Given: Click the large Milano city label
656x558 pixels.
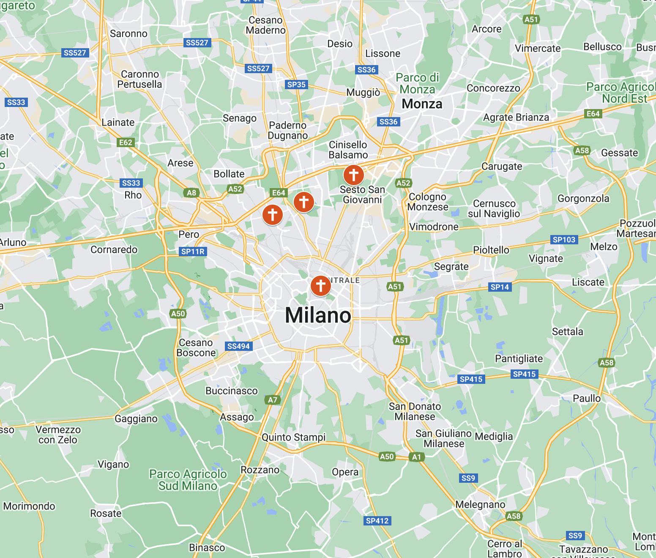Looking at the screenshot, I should coord(318,315).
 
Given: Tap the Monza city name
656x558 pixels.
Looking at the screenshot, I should coord(422,104).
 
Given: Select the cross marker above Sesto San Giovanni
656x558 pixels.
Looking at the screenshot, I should coord(353,174).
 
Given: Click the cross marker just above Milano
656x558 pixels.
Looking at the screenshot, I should coord(320,286).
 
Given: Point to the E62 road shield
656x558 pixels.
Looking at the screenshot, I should coord(126,142).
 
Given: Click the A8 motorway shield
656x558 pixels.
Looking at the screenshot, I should coord(191,193).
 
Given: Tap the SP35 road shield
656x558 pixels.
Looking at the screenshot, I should coord(296,85).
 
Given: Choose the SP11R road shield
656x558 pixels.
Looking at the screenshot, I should coord(193,252).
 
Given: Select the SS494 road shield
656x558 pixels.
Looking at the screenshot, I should coord(238,346).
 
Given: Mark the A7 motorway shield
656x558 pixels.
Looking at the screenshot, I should coord(273,399).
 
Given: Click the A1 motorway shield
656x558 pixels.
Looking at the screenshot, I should coord(417,457).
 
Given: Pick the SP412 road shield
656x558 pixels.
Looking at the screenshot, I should coord(377,521).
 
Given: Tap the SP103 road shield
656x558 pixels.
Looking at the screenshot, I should coord(564,240).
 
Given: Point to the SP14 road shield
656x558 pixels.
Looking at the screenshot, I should coord(500,287).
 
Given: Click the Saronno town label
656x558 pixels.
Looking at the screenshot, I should coord(128,33).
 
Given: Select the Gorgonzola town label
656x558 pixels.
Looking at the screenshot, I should coord(583,198).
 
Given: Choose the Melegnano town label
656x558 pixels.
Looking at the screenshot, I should coord(480,504).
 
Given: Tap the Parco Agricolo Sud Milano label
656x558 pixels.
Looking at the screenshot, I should coord(188,480).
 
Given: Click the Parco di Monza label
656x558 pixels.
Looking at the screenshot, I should coord(418,83).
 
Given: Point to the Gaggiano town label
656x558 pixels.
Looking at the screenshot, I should coord(136,418).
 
